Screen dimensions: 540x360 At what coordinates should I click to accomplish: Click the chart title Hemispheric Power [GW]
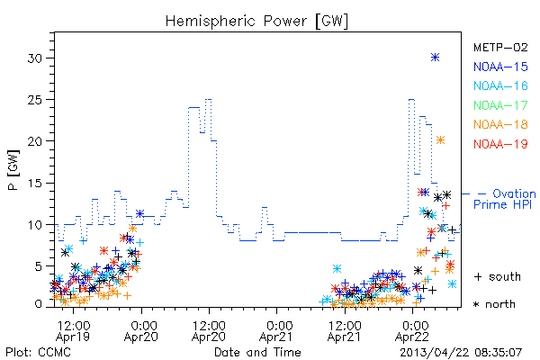click(256, 22)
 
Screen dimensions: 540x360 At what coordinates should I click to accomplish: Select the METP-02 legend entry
click(500, 48)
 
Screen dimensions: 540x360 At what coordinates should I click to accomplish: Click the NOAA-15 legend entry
click(500, 67)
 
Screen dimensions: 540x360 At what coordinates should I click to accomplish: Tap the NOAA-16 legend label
click(500, 85)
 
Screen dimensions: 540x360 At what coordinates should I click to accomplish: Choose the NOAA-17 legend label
click(500, 105)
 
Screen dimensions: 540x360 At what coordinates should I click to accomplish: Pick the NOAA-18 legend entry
click(500, 124)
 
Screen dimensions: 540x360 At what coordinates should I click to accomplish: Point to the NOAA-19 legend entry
click(500, 144)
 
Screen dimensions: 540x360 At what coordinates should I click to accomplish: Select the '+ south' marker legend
click(498, 276)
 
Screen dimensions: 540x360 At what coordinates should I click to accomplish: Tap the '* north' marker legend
click(495, 304)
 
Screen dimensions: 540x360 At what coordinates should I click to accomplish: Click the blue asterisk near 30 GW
click(436, 58)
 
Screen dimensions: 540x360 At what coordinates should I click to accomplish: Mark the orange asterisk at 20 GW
click(440, 139)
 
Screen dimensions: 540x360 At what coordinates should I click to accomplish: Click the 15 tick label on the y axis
click(36, 184)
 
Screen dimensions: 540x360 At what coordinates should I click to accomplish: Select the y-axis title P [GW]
click(14, 170)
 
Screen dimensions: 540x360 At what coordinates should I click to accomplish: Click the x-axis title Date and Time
click(257, 352)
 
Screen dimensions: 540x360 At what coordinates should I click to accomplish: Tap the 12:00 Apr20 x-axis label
click(209, 331)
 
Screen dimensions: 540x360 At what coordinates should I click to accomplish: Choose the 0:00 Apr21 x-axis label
click(276, 331)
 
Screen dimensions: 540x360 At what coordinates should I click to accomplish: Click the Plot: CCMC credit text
click(38, 352)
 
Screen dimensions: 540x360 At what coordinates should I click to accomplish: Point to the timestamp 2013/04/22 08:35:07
click(461, 352)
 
